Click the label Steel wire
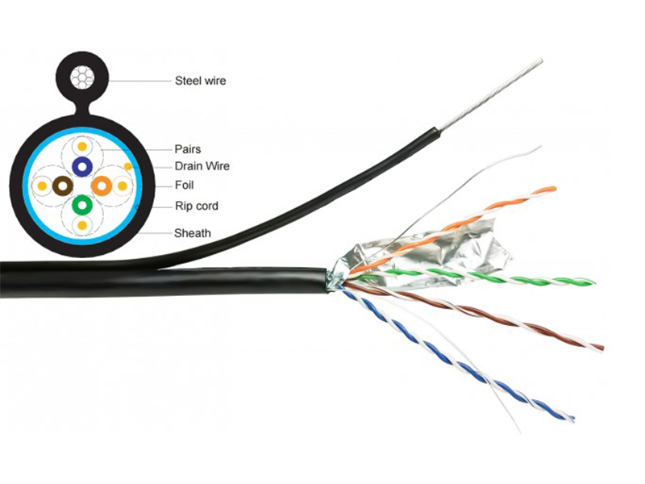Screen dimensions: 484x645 coord(200,80)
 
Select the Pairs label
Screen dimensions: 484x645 coord(187,148)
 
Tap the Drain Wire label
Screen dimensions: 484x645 coord(202,166)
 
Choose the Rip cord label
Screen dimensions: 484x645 coord(196,206)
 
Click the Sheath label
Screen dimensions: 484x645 coord(193,233)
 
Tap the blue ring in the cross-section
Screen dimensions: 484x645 coord(81,166)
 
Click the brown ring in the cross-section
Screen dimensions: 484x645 coord(62,186)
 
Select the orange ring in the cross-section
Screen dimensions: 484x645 coord(101,186)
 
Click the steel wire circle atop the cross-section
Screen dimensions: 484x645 coord(81,79)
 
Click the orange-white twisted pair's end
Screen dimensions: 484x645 coord(551,190)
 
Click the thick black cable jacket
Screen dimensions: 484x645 coord(161,281)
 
